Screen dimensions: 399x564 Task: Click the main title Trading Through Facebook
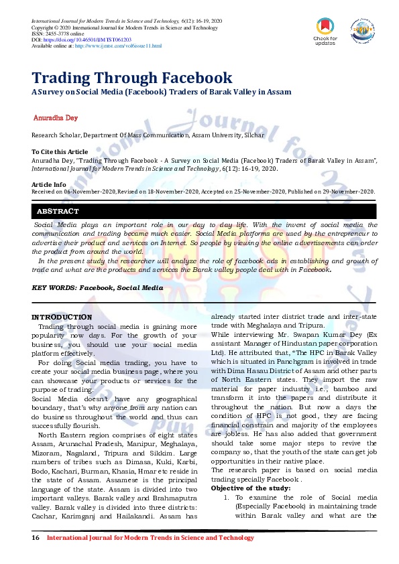[132, 78]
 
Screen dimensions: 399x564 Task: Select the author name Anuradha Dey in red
[56, 118]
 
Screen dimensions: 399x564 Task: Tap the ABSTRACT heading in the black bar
[58, 211]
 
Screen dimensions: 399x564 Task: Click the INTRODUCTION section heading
[62, 317]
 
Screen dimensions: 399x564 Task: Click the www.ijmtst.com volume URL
[118, 46]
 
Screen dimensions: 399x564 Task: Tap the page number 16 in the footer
[36, 538]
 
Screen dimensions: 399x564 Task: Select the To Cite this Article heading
[60, 152]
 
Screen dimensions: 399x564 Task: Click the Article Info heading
[49, 184]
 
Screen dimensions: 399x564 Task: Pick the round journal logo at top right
[361, 29]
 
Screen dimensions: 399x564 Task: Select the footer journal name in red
[150, 538]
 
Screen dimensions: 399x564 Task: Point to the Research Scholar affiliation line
[148, 135]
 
